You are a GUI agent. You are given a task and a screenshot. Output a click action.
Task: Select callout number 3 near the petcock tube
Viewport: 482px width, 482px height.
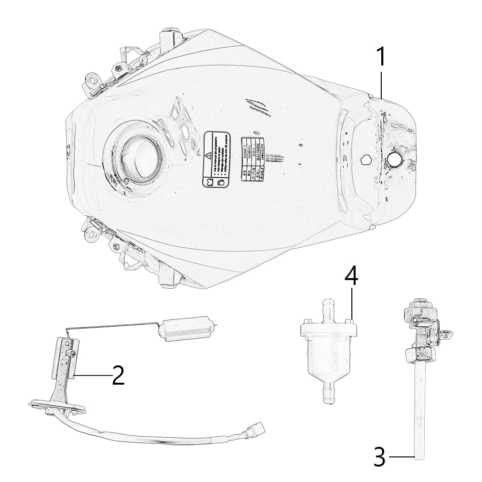coord(380,456)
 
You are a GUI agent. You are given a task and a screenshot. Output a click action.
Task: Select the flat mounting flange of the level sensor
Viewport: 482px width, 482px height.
coord(57,406)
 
